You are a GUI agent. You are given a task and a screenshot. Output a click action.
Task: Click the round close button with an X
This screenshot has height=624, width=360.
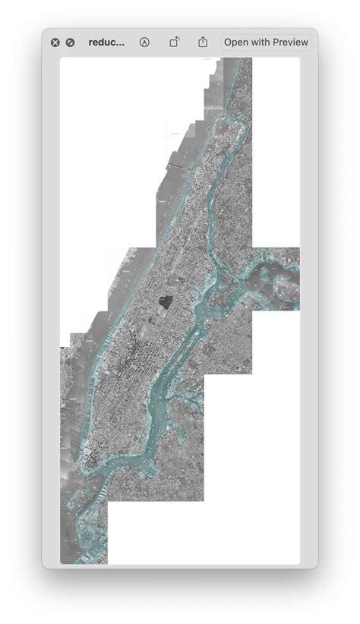pos(55,43)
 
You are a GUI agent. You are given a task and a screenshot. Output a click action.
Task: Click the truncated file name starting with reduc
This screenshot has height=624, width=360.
pos(106,43)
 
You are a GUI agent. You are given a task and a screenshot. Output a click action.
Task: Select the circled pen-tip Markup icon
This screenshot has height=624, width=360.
pos(144,43)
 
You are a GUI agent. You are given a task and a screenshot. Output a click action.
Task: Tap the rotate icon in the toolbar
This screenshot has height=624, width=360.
pos(174,43)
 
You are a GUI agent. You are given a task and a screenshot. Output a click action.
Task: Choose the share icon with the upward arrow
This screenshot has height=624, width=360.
pos(203,43)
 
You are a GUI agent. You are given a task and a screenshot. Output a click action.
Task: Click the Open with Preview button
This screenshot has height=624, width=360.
pos(266,43)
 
